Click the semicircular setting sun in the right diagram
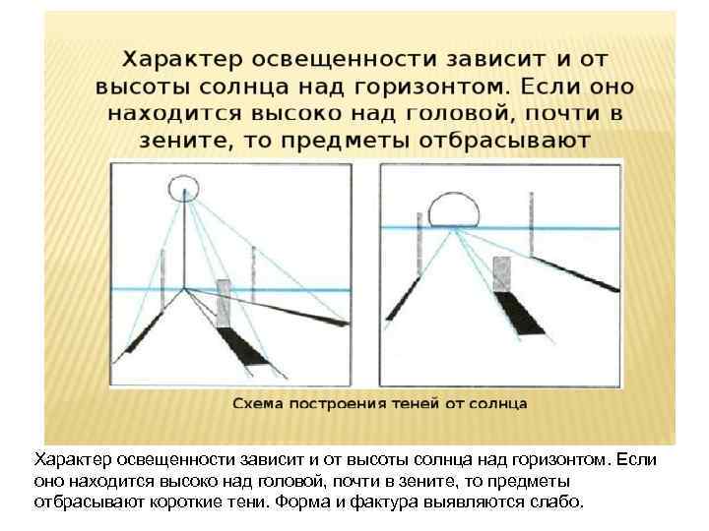click(454, 209)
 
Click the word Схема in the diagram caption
click(258, 403)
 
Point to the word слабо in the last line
click(559, 500)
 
